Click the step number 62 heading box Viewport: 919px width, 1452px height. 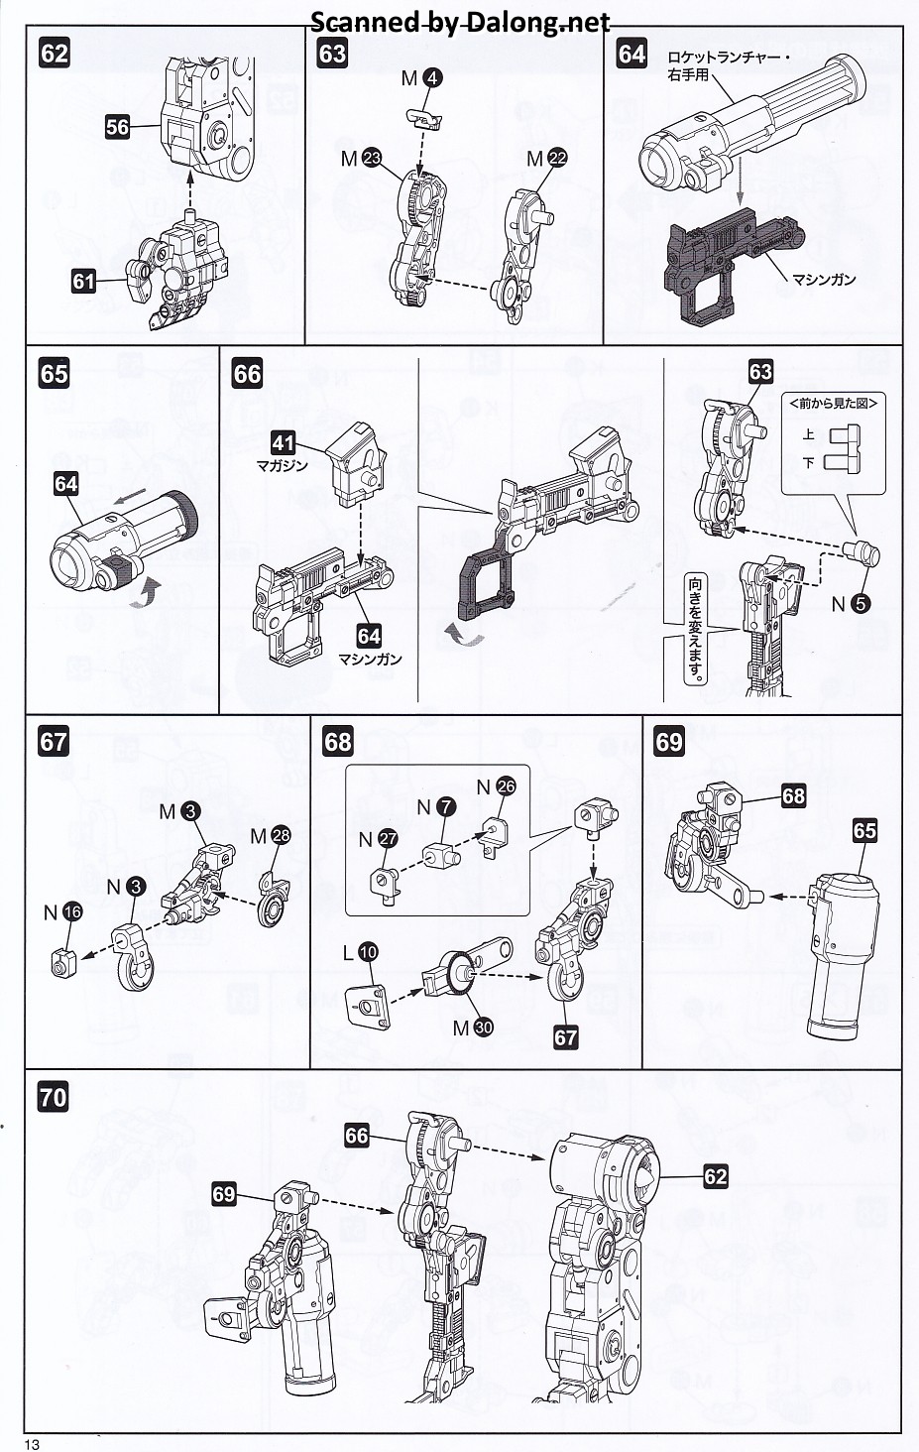pyautogui.click(x=55, y=53)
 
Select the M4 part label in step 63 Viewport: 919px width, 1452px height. pyautogui.click(x=422, y=78)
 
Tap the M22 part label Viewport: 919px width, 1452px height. pyautogui.click(x=547, y=159)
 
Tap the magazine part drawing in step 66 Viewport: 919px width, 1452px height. pyautogui.click(x=356, y=462)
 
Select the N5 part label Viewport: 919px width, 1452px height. pyautogui.click(x=851, y=604)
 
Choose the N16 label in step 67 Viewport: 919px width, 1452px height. pyautogui.click(x=61, y=912)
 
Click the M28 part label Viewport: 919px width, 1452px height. pyautogui.click(x=271, y=836)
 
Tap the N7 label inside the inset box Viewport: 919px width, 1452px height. pyautogui.click(x=435, y=807)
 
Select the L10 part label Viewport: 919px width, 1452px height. pyautogui.click(x=360, y=952)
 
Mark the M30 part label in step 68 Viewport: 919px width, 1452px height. pyautogui.click(x=472, y=1028)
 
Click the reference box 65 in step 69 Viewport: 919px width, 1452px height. pyautogui.click(x=864, y=830)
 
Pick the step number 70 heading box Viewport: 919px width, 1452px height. pyautogui.click(x=55, y=1097)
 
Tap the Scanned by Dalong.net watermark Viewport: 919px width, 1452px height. pyautogui.click(x=460, y=23)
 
